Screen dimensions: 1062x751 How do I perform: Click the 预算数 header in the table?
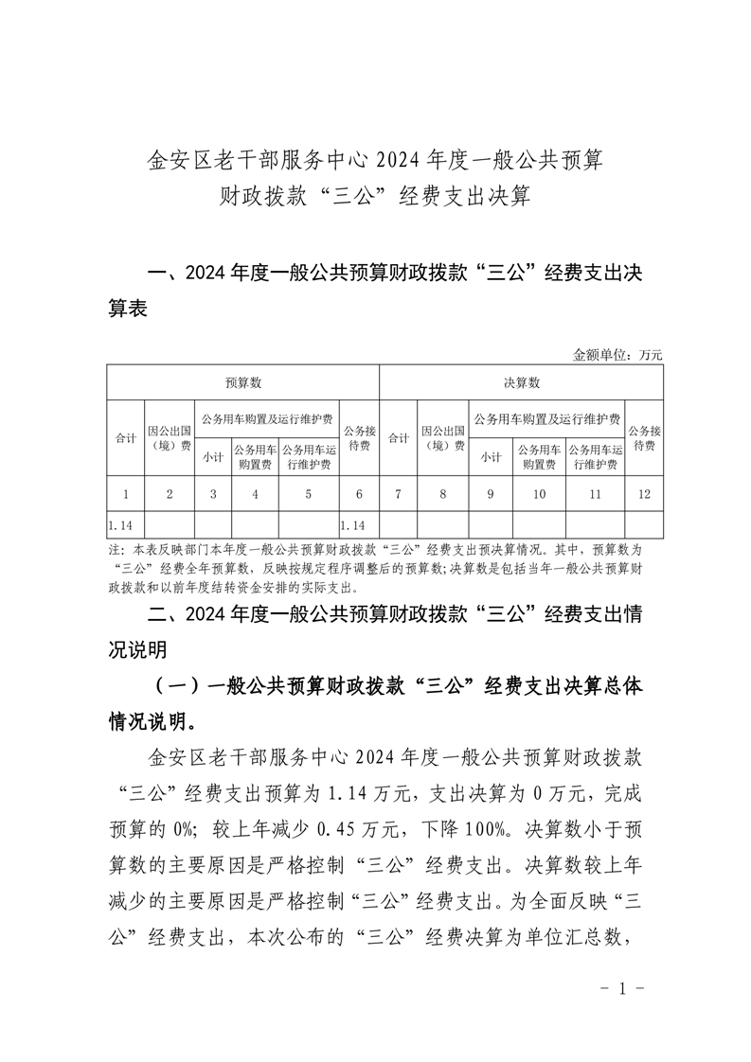[242, 383]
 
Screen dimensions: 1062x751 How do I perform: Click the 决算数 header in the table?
[521, 383]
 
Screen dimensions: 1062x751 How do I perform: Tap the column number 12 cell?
[644, 493]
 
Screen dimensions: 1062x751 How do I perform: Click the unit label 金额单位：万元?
[617, 355]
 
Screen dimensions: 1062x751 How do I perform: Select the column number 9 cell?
[491, 493]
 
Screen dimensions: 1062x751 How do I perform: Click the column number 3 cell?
[213, 493]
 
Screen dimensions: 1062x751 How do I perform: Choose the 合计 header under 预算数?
[125, 438]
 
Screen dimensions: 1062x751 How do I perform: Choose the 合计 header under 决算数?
[399, 438]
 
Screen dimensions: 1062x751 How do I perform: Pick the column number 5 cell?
[308, 493]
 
